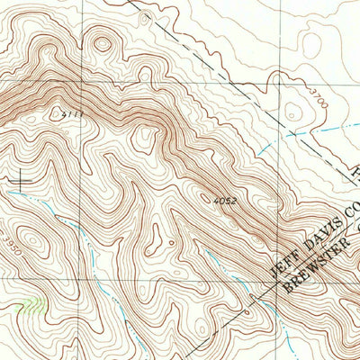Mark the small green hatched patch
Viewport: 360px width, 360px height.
(32, 304)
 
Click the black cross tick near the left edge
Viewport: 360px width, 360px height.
(20, 180)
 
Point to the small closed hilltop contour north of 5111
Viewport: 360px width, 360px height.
(102, 42)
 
